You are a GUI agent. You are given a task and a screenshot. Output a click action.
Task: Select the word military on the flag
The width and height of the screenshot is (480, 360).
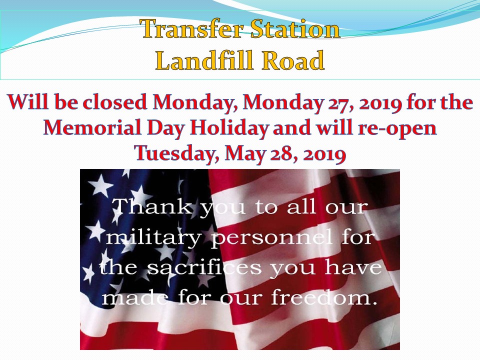click(x=153, y=237)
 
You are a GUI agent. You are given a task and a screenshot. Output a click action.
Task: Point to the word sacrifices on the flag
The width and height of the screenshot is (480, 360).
click(x=204, y=266)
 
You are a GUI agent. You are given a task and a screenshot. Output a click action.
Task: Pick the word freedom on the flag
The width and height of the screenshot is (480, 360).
click(x=324, y=296)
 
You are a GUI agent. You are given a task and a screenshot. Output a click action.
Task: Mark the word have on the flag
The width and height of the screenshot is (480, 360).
click(x=353, y=267)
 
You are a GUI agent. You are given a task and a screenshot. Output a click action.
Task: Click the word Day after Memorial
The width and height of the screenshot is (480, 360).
click(x=165, y=128)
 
